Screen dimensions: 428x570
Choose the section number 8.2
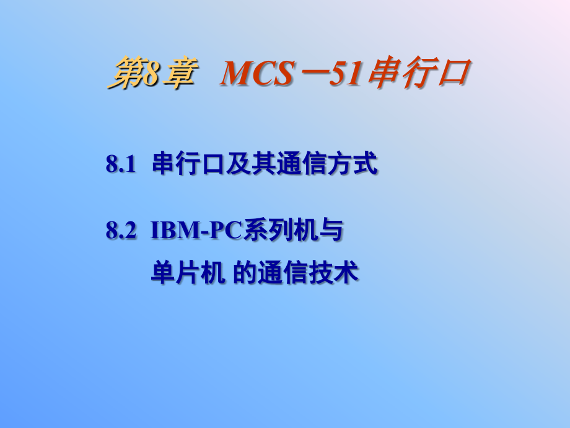pyautogui.click(x=120, y=231)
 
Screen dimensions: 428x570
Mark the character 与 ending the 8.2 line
pyautogui.click(x=331, y=231)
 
